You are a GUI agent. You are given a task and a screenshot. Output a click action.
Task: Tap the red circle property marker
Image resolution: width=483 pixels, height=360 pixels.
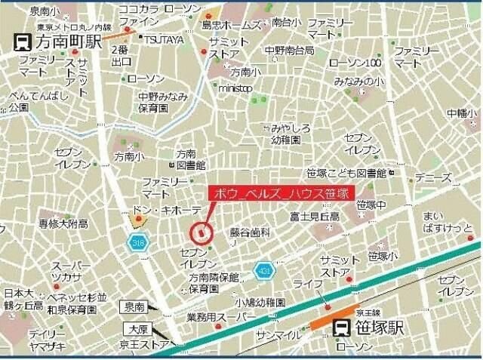tap(200, 232)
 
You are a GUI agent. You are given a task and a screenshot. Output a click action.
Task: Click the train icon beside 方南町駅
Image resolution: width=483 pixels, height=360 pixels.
tap(23, 42)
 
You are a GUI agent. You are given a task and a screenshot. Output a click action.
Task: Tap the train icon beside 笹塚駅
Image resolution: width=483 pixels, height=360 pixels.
tap(341, 328)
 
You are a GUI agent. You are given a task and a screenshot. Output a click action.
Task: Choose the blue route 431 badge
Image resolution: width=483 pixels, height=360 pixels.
tap(263, 269)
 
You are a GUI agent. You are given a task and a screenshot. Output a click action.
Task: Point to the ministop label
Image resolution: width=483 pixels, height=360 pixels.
tap(235, 88)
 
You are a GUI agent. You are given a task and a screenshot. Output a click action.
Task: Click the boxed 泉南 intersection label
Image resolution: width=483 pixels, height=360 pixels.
tap(136, 307)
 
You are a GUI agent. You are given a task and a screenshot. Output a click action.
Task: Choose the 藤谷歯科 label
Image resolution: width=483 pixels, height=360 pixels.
tap(251, 232)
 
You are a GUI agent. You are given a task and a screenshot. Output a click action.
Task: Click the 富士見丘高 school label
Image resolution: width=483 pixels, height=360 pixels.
tap(314, 217)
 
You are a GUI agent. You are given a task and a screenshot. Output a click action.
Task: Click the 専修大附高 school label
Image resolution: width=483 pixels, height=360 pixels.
tap(64, 223)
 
